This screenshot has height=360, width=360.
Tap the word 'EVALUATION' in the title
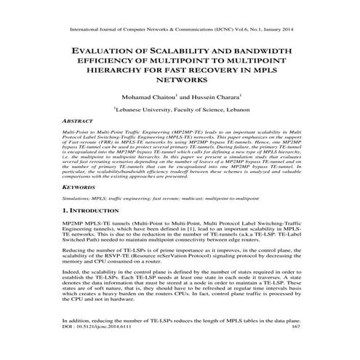pos(107,50)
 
